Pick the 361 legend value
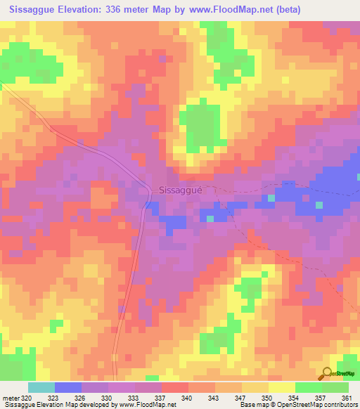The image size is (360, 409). pos(345,397)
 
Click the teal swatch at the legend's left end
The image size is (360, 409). pos(41,387)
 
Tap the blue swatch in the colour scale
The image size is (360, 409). pos(67,387)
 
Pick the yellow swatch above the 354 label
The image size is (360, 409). pos(281,387)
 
